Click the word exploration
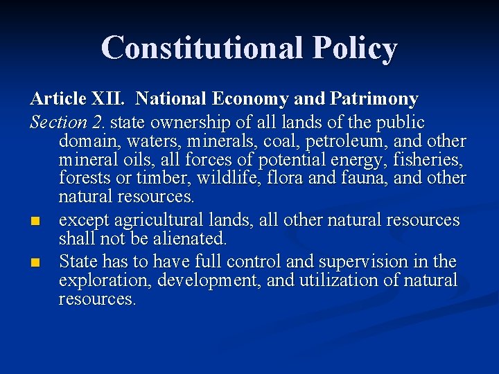click(x=105, y=280)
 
